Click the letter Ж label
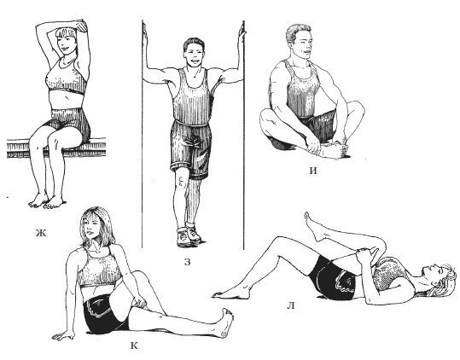(x=41, y=233)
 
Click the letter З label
(x=187, y=262)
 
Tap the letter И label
(x=313, y=171)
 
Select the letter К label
(x=134, y=346)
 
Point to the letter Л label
(x=290, y=305)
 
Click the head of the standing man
(x=194, y=52)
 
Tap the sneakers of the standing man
(x=188, y=235)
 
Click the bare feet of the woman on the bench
(x=46, y=202)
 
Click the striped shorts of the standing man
(x=190, y=149)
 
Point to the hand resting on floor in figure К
(x=63, y=335)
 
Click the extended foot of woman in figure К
(x=225, y=322)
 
